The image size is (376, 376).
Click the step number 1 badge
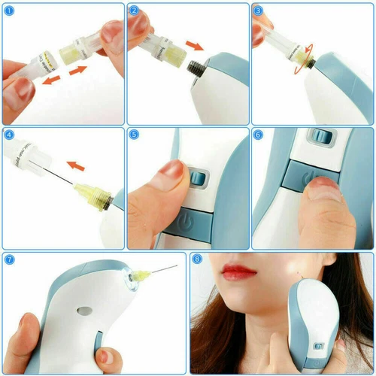(x=10, y=11)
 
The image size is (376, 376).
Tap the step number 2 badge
(x=135, y=11)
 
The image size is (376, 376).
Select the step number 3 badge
(x=259, y=11)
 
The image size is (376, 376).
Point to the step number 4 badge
(x=10, y=135)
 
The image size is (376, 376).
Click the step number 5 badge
(x=135, y=135)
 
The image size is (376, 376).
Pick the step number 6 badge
(x=259, y=135)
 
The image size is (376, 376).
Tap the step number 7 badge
(x=10, y=260)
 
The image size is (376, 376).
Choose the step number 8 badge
(x=198, y=260)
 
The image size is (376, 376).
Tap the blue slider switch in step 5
(x=198, y=179)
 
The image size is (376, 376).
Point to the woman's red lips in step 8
(x=240, y=269)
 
